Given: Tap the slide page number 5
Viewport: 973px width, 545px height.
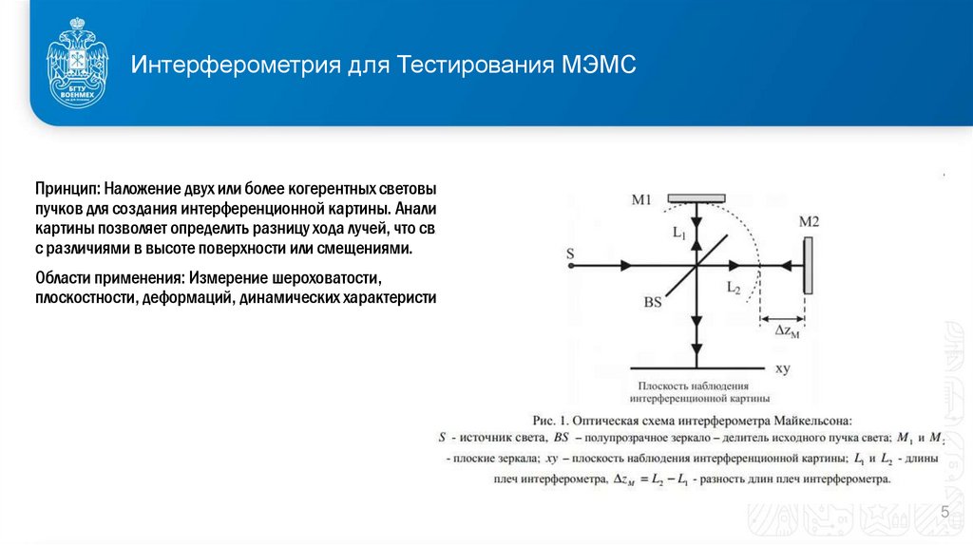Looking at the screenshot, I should [x=944, y=514].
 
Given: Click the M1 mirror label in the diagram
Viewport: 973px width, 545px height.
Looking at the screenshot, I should [x=641, y=200].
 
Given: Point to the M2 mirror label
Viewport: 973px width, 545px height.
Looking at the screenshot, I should [x=809, y=222].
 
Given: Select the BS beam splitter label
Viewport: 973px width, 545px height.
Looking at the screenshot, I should [x=653, y=303].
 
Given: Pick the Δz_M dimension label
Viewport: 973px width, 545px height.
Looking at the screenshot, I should [x=788, y=330].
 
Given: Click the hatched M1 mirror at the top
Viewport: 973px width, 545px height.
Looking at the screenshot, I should [x=696, y=198].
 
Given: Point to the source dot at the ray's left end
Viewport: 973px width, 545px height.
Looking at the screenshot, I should [x=570, y=267].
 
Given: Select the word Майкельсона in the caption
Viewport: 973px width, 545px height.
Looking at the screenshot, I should [x=799, y=419].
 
